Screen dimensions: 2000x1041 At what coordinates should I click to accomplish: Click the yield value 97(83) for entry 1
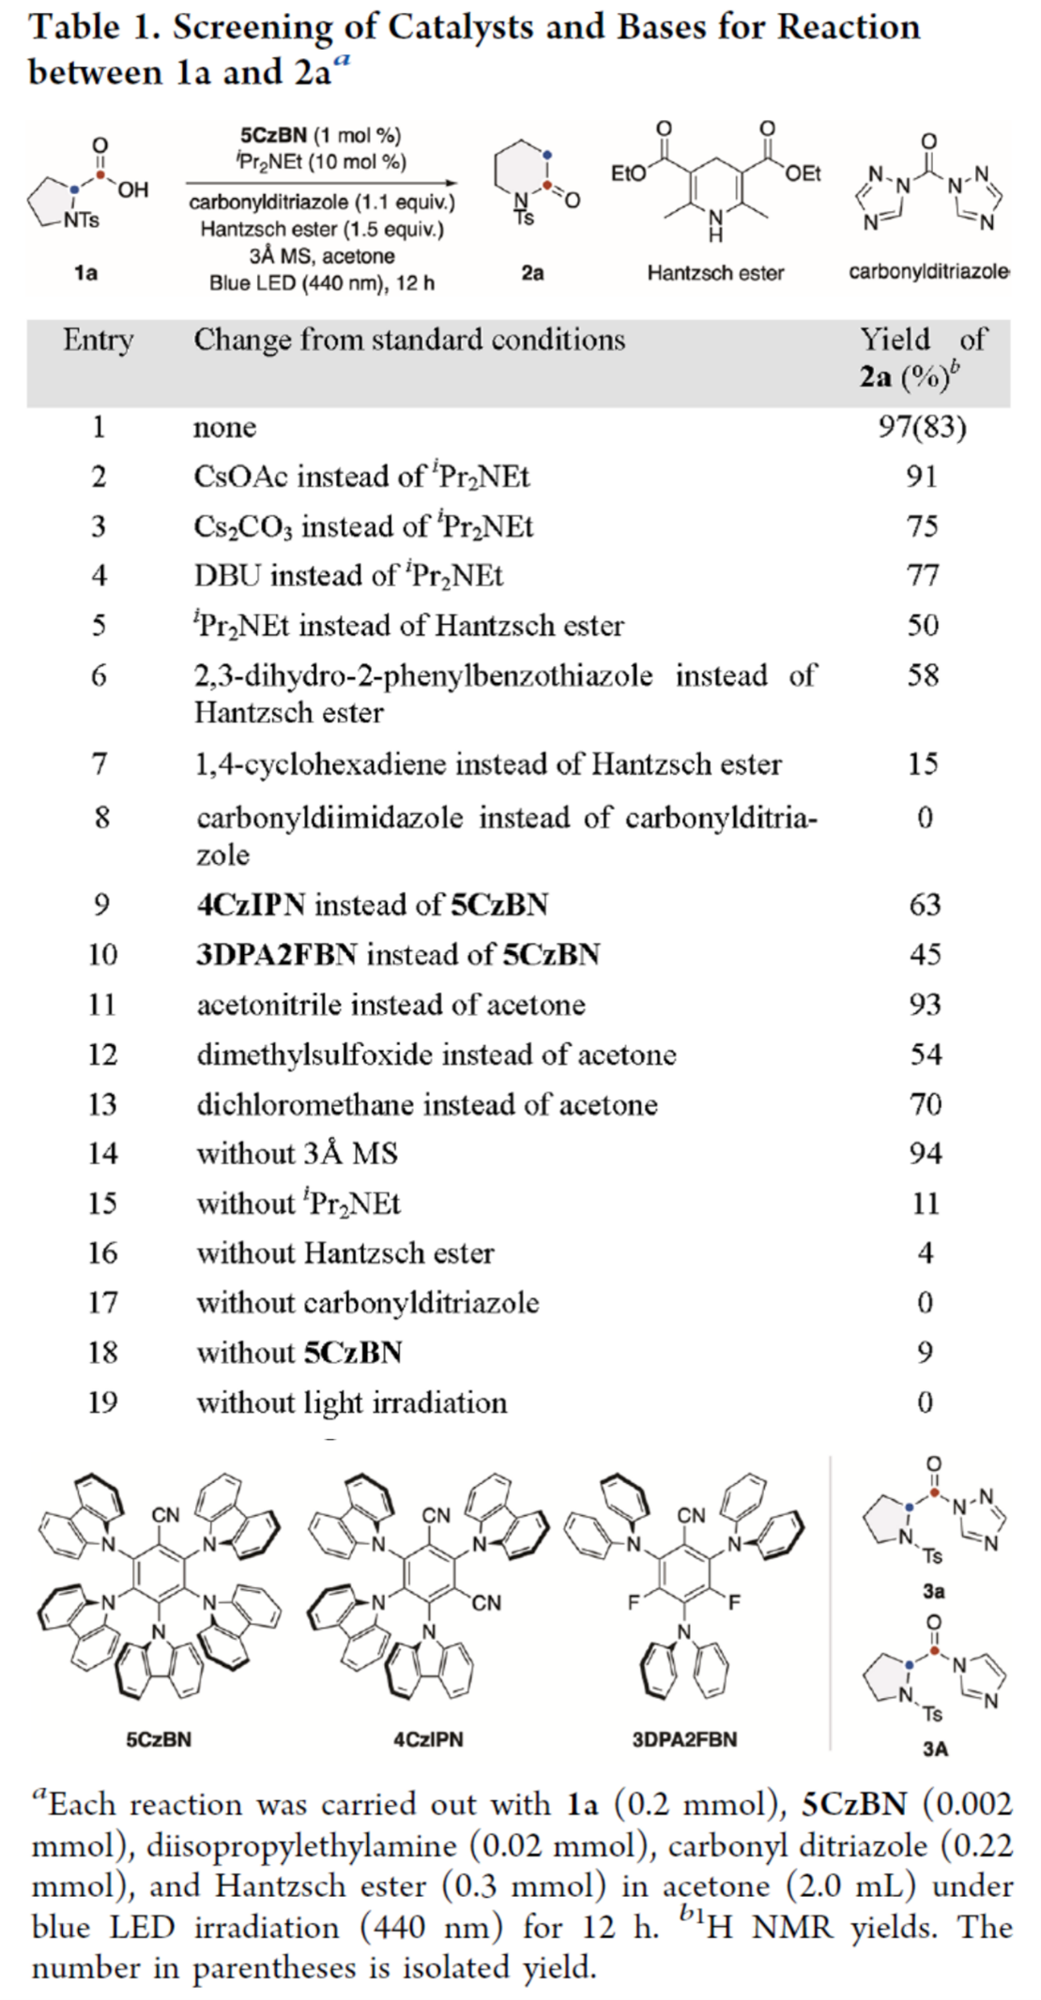tap(922, 427)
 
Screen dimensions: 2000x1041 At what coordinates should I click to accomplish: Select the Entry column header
tap(98, 340)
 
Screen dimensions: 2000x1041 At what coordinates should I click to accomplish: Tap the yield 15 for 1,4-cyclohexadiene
tap(922, 764)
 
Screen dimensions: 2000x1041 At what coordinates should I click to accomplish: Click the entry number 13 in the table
tap(101, 1104)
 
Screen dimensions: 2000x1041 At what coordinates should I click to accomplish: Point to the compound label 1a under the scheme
tap(85, 273)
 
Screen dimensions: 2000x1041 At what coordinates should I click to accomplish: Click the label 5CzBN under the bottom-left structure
tap(159, 1739)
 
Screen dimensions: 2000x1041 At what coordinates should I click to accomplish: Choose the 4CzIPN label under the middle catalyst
tap(428, 1739)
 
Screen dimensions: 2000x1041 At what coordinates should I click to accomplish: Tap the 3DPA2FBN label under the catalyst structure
tap(684, 1739)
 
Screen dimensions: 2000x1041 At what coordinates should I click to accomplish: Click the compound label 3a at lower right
tap(933, 1591)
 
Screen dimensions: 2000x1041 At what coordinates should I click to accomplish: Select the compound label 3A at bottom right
tap(935, 1749)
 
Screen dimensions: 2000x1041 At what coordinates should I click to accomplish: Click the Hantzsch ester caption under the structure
tap(715, 273)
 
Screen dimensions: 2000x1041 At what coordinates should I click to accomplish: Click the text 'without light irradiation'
tap(351, 1402)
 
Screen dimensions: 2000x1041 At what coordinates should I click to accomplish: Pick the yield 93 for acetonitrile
tap(925, 1005)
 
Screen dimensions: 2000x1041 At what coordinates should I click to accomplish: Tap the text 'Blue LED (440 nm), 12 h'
tap(321, 282)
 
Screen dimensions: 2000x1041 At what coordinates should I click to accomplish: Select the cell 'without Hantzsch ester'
tap(344, 1253)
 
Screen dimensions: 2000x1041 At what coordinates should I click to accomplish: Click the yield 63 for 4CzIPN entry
tap(925, 904)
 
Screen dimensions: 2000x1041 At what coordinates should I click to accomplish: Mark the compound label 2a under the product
tap(532, 273)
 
